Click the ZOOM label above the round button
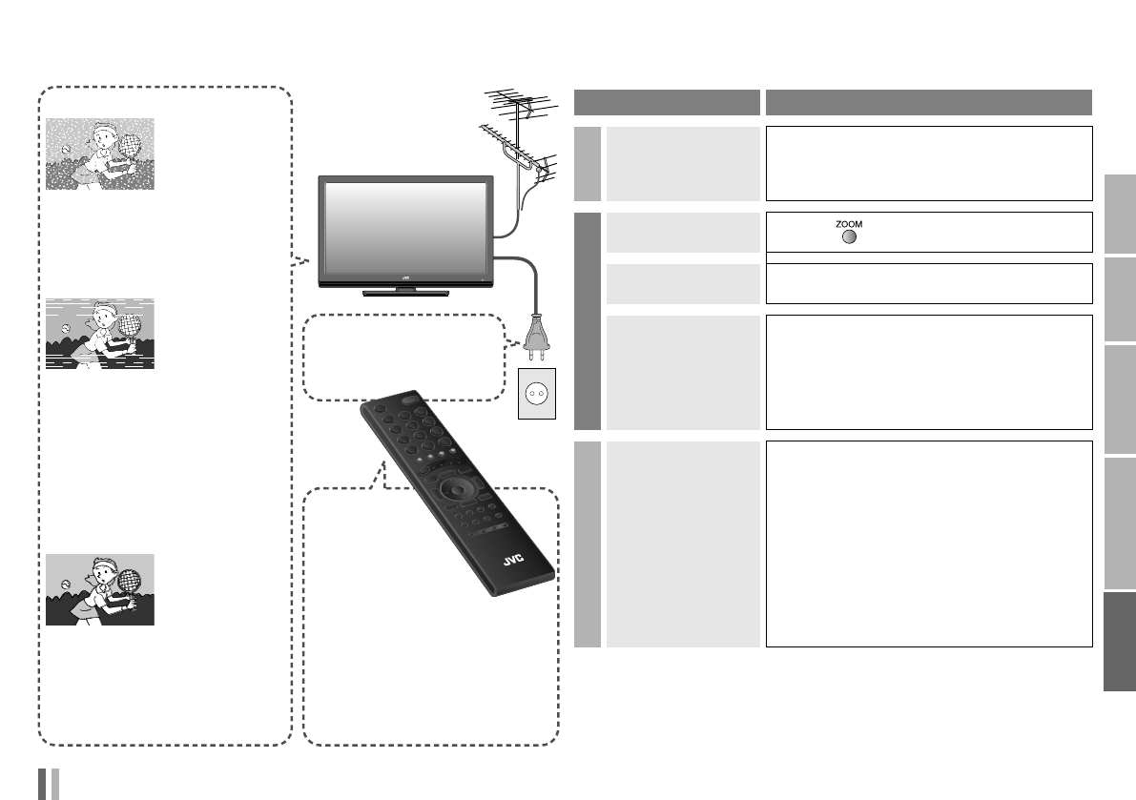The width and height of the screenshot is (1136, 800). click(x=849, y=223)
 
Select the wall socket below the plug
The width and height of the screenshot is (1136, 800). click(x=534, y=392)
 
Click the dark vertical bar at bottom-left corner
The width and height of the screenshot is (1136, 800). click(x=43, y=783)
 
